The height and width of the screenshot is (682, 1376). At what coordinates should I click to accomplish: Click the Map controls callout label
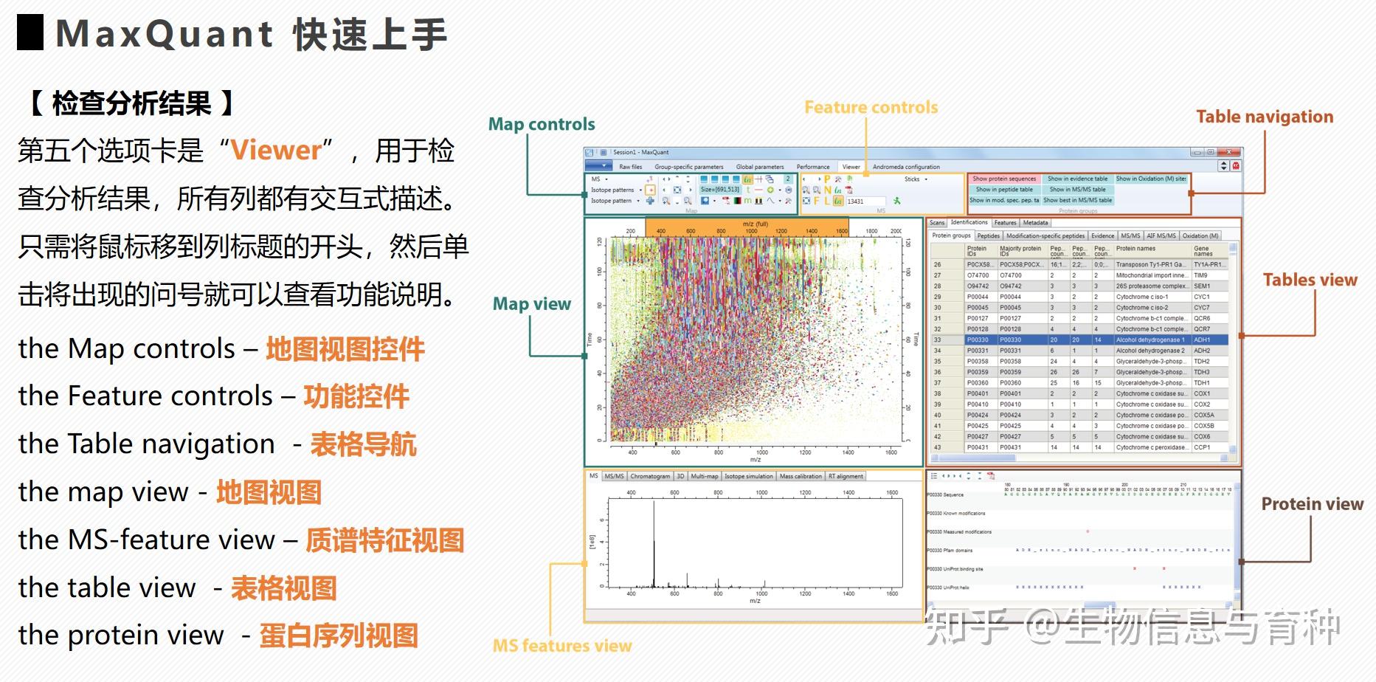(x=542, y=124)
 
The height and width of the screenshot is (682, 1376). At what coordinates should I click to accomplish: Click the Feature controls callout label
(x=871, y=108)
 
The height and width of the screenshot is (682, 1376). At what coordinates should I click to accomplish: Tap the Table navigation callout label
(x=1264, y=117)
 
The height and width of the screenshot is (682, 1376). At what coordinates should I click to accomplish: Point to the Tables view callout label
(x=1310, y=280)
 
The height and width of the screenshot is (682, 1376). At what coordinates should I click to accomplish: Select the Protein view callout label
(x=1312, y=504)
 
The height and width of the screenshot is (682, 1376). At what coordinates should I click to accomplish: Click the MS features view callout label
(x=561, y=646)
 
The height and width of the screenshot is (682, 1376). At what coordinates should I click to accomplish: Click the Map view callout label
(x=531, y=304)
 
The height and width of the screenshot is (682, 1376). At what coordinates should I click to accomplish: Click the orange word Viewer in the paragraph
(x=276, y=151)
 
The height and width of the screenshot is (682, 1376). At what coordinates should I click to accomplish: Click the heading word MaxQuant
(x=164, y=34)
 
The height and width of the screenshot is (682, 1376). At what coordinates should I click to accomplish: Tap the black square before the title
(x=30, y=34)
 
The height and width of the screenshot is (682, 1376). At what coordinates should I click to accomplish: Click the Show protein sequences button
(x=1003, y=179)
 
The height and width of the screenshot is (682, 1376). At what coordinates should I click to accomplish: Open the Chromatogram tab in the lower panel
(x=650, y=477)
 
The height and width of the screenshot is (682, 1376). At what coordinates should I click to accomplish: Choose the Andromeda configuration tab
(x=906, y=167)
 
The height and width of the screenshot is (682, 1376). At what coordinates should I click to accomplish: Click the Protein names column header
(x=1135, y=249)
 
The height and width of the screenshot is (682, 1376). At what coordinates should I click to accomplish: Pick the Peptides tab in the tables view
(x=988, y=236)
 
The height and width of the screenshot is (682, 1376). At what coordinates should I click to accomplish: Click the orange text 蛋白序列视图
(x=339, y=635)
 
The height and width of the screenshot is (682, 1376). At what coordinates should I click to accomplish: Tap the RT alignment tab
(x=846, y=477)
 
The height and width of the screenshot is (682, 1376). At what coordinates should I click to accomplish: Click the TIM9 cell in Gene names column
(x=1201, y=275)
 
